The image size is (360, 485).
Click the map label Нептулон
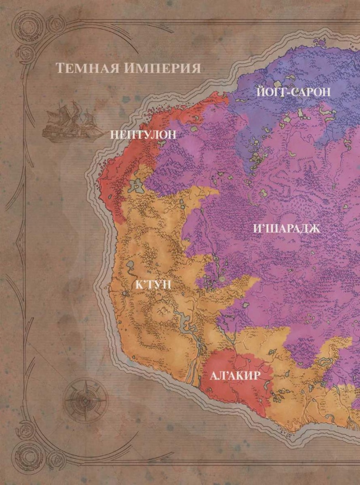143,135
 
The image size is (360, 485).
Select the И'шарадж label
287,229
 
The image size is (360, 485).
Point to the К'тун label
154,285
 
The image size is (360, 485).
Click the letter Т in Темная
60,68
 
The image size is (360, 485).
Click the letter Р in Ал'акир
255,376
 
